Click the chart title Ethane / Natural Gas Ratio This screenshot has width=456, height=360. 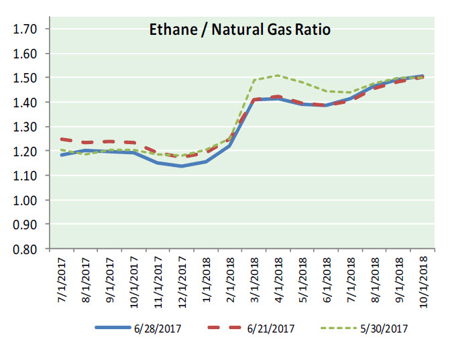[239, 29]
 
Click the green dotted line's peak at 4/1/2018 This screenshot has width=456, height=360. [278, 75]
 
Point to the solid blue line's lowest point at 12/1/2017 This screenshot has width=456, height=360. [181, 166]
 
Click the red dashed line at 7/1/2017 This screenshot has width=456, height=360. [62, 139]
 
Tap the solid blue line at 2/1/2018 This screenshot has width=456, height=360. [229, 145]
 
